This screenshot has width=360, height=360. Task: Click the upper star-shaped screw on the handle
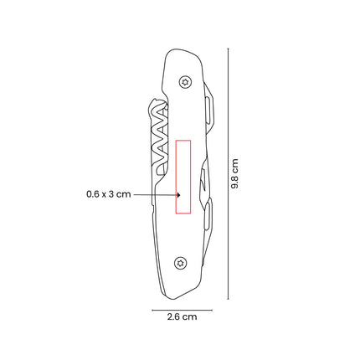tap(185, 82)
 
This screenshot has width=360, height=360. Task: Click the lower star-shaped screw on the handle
tap(181, 263)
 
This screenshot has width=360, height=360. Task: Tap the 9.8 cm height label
tap(234, 173)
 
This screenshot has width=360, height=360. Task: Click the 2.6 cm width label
tap(182, 316)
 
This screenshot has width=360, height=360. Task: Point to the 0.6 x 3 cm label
tap(109, 194)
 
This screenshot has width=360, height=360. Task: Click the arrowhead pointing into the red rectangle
tap(179, 194)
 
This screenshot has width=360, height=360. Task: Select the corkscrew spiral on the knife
tap(159, 136)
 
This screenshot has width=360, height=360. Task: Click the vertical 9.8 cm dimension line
tap(229, 173)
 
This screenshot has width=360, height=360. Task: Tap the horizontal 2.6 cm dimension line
tap(182, 310)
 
